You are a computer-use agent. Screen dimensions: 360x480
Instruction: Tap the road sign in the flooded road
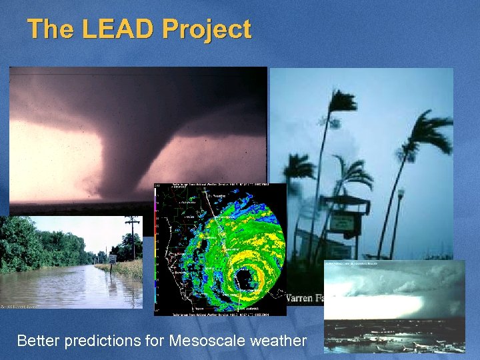pyautogui.click(x=112, y=259)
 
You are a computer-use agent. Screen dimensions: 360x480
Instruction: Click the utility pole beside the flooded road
pyautogui.click(x=133, y=237)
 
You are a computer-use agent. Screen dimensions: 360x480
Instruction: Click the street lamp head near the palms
pyautogui.click(x=400, y=193)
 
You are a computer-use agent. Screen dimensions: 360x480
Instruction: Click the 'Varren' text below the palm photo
pyautogui.click(x=303, y=298)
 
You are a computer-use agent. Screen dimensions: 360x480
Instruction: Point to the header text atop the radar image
pyautogui.click(x=220, y=186)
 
